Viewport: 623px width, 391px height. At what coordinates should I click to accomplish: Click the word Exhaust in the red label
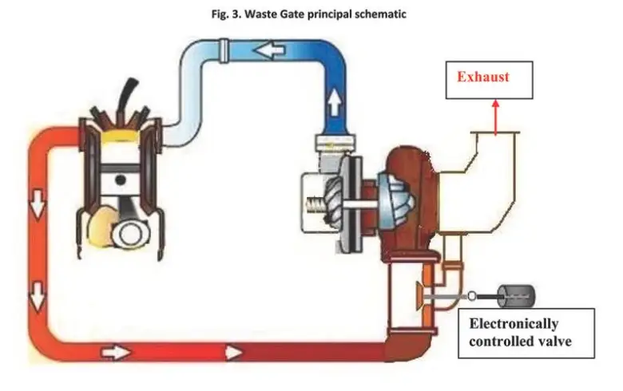point(482,77)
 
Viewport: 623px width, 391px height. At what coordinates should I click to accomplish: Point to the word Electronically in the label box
point(513,324)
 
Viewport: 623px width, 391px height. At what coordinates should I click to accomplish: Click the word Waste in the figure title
point(260,14)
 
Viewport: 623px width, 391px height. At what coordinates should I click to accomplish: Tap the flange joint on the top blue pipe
point(224,54)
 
